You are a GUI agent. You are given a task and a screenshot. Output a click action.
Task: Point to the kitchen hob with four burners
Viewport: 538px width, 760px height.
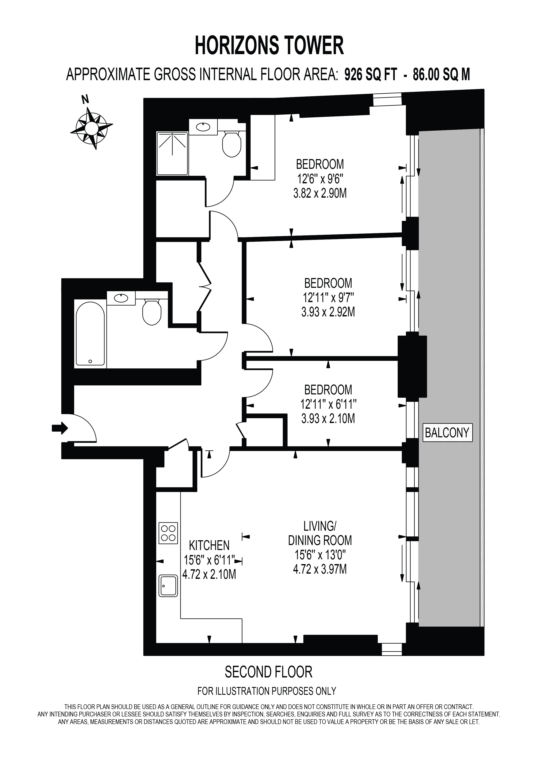click(168, 533)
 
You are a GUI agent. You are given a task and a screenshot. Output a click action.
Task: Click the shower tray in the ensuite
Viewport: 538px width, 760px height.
click(172, 154)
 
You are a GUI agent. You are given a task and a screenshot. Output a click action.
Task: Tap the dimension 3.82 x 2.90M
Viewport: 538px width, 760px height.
click(320, 193)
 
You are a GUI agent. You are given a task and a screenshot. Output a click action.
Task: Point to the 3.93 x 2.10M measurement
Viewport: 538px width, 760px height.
click(328, 419)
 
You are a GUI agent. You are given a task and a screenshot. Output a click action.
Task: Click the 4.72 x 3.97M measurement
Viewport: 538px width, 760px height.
click(320, 569)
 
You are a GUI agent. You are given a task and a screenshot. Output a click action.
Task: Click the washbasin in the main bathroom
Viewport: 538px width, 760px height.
click(121, 298)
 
